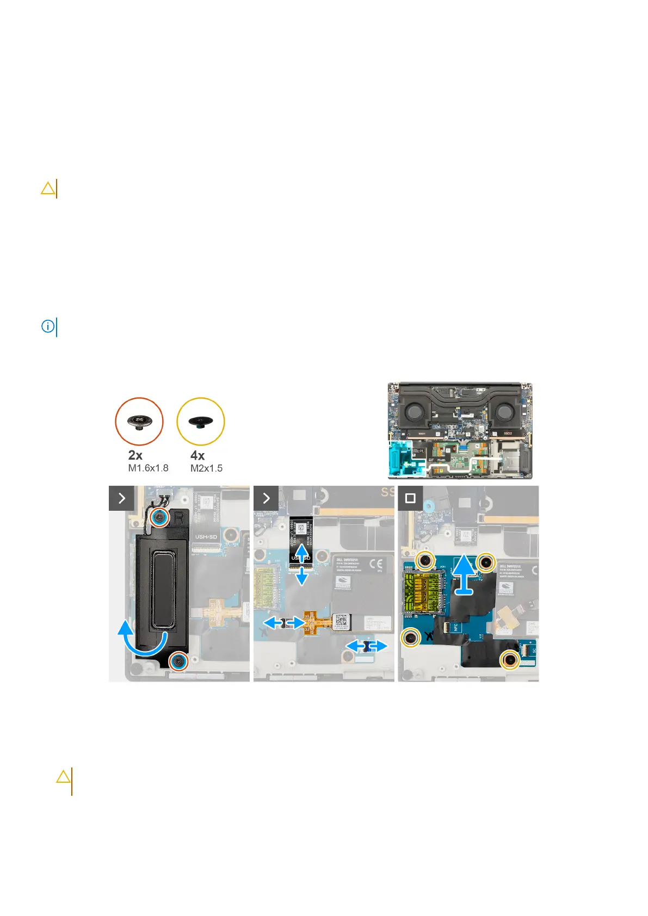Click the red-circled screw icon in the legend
(x=139, y=422)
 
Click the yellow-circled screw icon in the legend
(x=201, y=422)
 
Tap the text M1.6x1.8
(x=148, y=468)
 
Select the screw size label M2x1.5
(x=206, y=468)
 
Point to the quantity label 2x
(x=135, y=455)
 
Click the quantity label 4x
(x=198, y=455)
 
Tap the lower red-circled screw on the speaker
(x=178, y=661)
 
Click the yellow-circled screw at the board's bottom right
(x=510, y=660)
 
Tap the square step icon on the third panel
(x=410, y=498)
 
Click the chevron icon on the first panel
(x=121, y=498)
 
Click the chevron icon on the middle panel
(x=266, y=498)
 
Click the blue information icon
(x=48, y=326)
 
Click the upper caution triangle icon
(x=48, y=189)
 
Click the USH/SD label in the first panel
(x=206, y=537)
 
